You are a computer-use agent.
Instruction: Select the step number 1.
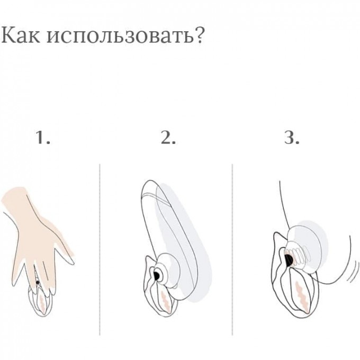click(43, 138)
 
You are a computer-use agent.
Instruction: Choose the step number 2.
click(168, 138)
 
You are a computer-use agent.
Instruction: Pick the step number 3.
click(292, 138)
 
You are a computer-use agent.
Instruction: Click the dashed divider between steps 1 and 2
click(100, 249)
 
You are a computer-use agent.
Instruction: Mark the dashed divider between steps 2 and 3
click(232, 249)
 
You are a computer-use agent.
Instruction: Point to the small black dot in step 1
click(38, 282)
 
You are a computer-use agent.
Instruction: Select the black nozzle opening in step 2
click(157, 275)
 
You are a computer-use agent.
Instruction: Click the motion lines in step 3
click(353, 272)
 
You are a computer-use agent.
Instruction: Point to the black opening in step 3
click(289, 260)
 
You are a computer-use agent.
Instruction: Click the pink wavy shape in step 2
click(166, 301)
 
